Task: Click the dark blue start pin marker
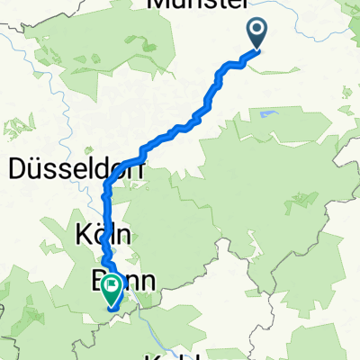tap(256, 33)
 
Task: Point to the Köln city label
tap(102, 237)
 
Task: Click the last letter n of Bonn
tap(148, 283)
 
